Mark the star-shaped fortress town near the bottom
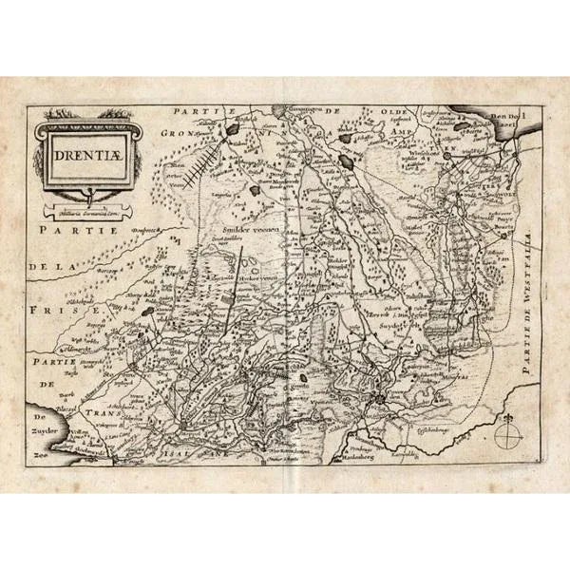[381, 402]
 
